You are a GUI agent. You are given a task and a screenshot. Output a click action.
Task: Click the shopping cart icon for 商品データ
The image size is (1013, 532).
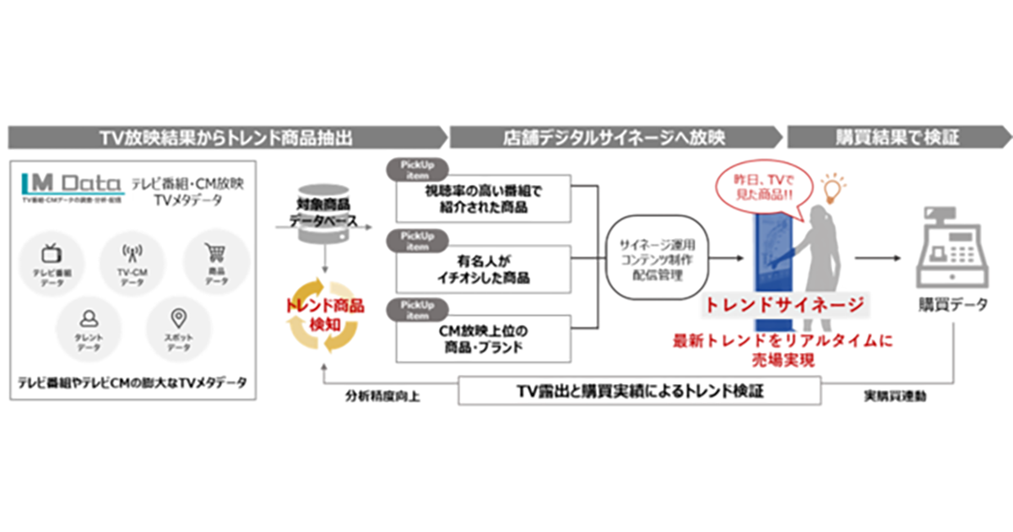tap(215, 251)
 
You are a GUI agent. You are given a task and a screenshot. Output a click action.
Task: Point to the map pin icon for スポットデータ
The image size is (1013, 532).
tap(177, 318)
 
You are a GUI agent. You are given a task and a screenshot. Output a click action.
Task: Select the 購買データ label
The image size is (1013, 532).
tap(952, 305)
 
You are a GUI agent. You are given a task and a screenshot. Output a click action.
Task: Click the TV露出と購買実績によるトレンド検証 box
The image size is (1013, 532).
tap(639, 391)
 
